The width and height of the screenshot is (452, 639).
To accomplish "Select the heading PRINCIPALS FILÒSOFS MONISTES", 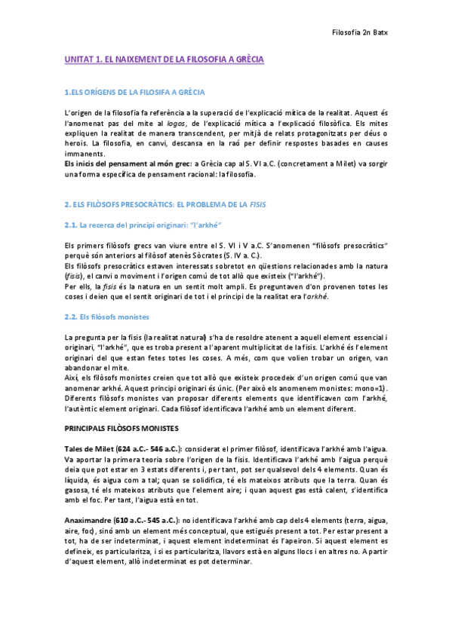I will coord(121,427).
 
